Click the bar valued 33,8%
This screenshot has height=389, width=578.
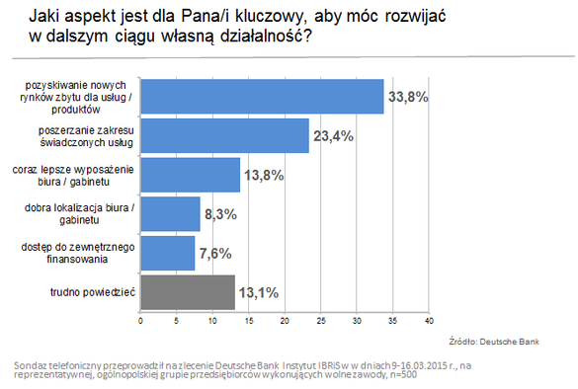click(262, 97)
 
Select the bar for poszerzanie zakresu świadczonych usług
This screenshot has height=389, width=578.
click(225, 135)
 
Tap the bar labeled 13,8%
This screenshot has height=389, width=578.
click(191, 175)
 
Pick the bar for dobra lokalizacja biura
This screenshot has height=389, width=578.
click(170, 214)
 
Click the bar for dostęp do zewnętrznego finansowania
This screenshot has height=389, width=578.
click(168, 253)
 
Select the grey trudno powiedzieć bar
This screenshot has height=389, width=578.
click(188, 292)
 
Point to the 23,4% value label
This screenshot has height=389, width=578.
click(333, 136)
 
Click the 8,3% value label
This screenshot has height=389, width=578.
click(220, 214)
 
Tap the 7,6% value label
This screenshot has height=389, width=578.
click(215, 254)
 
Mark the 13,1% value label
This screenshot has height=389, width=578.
click(259, 293)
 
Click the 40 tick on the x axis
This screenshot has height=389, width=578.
click(429, 321)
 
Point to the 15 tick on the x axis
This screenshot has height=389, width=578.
click(248, 321)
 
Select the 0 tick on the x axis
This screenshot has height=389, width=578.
click(140, 321)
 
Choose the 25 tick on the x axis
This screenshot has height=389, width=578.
click(321, 321)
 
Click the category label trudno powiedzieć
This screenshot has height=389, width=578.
click(93, 292)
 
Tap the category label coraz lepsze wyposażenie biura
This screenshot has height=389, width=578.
click(73, 176)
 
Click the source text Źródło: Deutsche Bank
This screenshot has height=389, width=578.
click(494, 342)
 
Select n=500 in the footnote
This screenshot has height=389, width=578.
click(404, 374)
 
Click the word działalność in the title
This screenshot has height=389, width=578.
click(261, 37)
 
